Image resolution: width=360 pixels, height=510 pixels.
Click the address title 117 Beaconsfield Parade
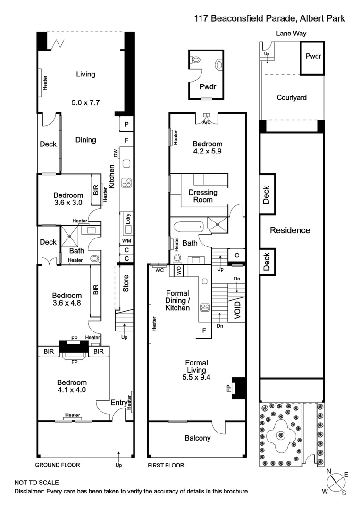coord(270,18)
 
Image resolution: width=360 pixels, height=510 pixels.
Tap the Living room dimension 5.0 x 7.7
coord(85,102)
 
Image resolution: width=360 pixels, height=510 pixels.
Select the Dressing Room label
coord(203,196)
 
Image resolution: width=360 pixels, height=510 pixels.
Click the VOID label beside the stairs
coord(237,311)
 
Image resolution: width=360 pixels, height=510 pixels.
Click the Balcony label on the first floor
coord(198,438)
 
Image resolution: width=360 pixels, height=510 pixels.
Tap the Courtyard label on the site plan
coord(292,98)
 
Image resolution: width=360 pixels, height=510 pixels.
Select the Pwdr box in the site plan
coord(313,57)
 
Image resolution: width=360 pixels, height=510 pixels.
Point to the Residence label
coord(290,230)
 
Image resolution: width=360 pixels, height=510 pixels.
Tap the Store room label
coord(126,283)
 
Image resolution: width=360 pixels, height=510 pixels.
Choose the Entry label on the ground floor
coord(118,402)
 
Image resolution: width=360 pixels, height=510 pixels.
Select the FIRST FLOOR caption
coord(166,465)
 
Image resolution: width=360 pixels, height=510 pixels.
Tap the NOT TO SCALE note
coord(37,483)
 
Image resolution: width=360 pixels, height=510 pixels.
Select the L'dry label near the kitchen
coord(127,219)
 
